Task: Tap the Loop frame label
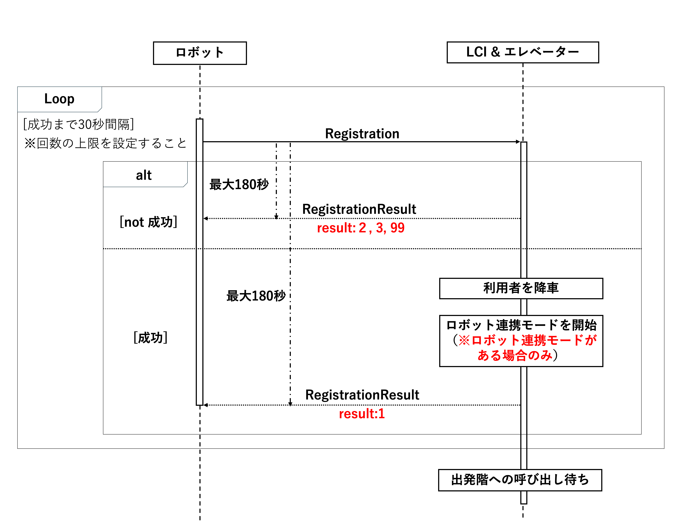(x=59, y=99)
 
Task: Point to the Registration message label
(x=362, y=134)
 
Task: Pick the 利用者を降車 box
(x=521, y=288)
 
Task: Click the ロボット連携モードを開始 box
(x=521, y=341)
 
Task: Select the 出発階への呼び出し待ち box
(x=520, y=480)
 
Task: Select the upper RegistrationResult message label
(x=359, y=209)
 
